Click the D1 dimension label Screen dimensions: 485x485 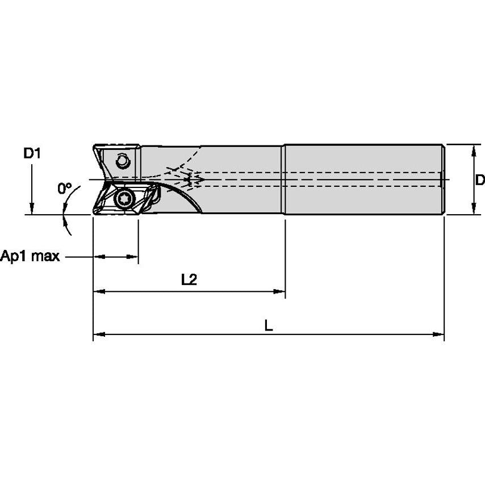[x=32, y=153]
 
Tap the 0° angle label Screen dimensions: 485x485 [x=65, y=188]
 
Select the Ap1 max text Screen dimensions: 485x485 [x=30, y=256]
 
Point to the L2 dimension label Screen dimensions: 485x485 [x=189, y=279]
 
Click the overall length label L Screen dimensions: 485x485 [x=269, y=325]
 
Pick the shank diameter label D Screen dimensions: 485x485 [x=479, y=180]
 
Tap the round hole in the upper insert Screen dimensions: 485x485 [x=122, y=161]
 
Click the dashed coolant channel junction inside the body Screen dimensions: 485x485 [x=193, y=179]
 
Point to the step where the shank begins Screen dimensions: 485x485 [x=285, y=179]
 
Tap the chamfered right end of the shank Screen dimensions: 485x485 [x=442, y=179]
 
